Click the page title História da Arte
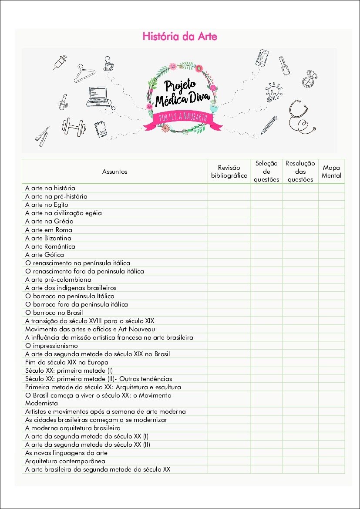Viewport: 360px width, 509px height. point(179,37)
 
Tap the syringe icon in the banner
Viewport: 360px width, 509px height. point(59,62)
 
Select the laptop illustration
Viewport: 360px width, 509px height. point(98,98)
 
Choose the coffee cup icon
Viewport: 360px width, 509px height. point(108,64)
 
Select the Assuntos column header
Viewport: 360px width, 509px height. point(115,172)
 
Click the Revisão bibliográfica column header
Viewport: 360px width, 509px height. point(229,172)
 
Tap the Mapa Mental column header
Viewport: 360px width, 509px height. point(331,172)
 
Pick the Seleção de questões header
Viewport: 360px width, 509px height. point(266,172)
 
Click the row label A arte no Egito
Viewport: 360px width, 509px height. point(47,205)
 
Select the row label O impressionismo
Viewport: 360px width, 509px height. point(51,346)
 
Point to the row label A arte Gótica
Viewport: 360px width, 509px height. point(45,255)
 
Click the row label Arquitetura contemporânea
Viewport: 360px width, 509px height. point(65,461)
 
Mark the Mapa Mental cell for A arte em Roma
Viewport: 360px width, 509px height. point(331,230)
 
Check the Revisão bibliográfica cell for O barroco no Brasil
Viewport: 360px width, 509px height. point(229,313)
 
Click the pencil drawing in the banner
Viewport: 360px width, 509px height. point(269,125)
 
